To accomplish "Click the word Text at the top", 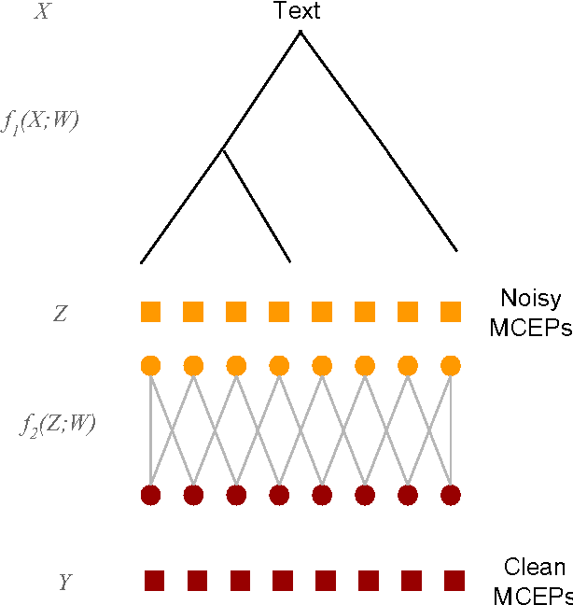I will coord(297,11).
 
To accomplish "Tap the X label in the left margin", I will coord(41,12).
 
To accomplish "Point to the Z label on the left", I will coord(60,314).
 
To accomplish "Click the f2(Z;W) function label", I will coord(58,426).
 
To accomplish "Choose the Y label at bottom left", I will coord(64,583).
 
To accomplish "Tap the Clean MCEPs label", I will coord(532,582).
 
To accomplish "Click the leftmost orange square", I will coord(151,312).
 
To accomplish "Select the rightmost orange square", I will coord(451,312).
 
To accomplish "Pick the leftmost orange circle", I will coord(151,365).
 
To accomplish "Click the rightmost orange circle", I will coord(451,365).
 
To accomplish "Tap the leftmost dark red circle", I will coord(151,494).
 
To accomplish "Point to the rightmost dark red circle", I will coord(451,494).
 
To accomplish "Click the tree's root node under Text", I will coord(300,33).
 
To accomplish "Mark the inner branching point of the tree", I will coord(222,149).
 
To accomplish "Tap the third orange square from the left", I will coord(236,312).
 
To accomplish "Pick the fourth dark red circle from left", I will coord(279,494).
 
